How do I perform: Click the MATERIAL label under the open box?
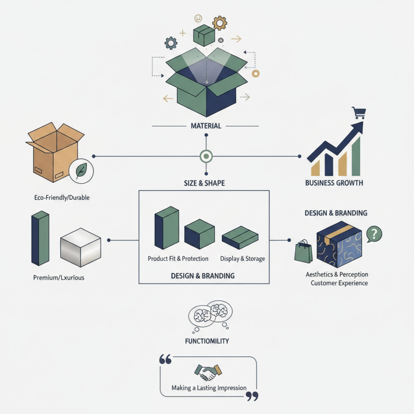pos(206,126)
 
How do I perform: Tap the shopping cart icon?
pos(358,113)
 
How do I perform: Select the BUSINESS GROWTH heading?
pos(334,183)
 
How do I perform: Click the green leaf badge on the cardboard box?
pos(81,171)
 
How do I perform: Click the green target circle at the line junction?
pos(206,156)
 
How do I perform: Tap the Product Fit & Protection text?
pos(178,258)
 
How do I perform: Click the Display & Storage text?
pos(242,258)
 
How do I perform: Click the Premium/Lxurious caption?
pos(58,277)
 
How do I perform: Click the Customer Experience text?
pos(339,283)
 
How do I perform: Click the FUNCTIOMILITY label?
pos(206,341)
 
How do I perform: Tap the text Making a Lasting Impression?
pos(209,388)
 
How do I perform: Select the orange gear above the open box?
pos(220,23)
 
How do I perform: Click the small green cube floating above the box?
pos(204,36)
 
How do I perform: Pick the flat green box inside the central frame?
pos(240,238)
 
